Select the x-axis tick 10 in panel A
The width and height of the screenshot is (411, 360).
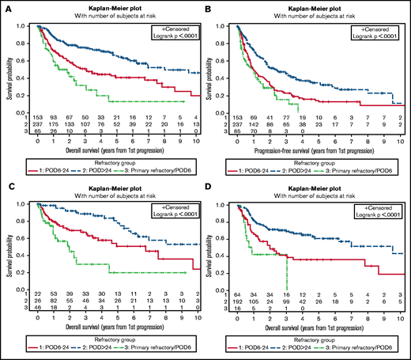tap(196, 138)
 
